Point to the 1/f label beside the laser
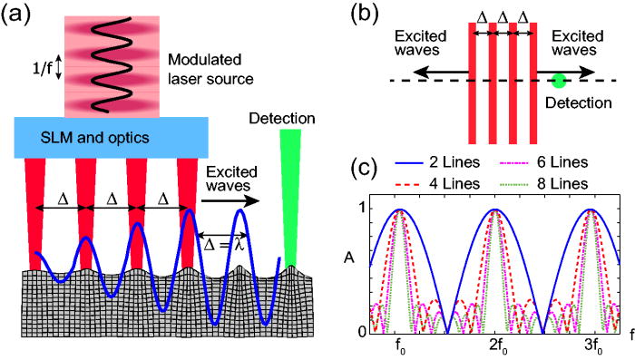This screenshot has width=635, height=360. click(x=39, y=67)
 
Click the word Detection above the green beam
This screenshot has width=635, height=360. click(x=285, y=118)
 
